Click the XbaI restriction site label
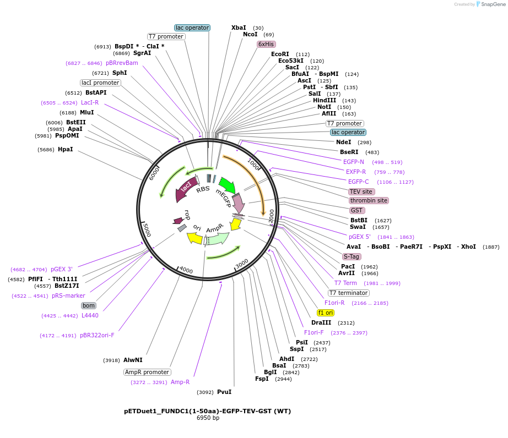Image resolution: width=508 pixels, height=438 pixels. (x=239, y=28)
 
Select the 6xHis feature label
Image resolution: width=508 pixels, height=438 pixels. (x=266, y=44)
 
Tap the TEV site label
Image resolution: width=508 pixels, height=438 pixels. (x=361, y=191)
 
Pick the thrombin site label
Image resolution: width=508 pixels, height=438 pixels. (x=369, y=200)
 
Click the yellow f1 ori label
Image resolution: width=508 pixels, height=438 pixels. (x=326, y=313)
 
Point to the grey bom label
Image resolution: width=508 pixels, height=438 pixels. (x=89, y=305)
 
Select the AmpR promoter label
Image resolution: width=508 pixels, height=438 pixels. (x=147, y=372)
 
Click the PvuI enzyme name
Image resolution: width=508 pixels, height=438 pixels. (x=224, y=392)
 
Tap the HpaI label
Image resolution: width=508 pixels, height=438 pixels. (x=65, y=149)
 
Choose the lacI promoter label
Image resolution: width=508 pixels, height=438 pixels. (x=100, y=83)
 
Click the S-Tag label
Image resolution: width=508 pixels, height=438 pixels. (x=352, y=256)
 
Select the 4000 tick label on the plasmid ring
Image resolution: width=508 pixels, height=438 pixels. (x=186, y=270)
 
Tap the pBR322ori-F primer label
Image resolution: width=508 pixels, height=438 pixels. (x=97, y=335)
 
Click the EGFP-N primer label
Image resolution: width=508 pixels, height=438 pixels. (x=354, y=162)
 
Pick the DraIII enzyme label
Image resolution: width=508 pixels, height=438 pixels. (x=321, y=322)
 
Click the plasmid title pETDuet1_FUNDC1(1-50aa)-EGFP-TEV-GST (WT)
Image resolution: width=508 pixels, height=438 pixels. (x=207, y=411)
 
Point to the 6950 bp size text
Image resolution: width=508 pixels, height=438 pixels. (x=208, y=418)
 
